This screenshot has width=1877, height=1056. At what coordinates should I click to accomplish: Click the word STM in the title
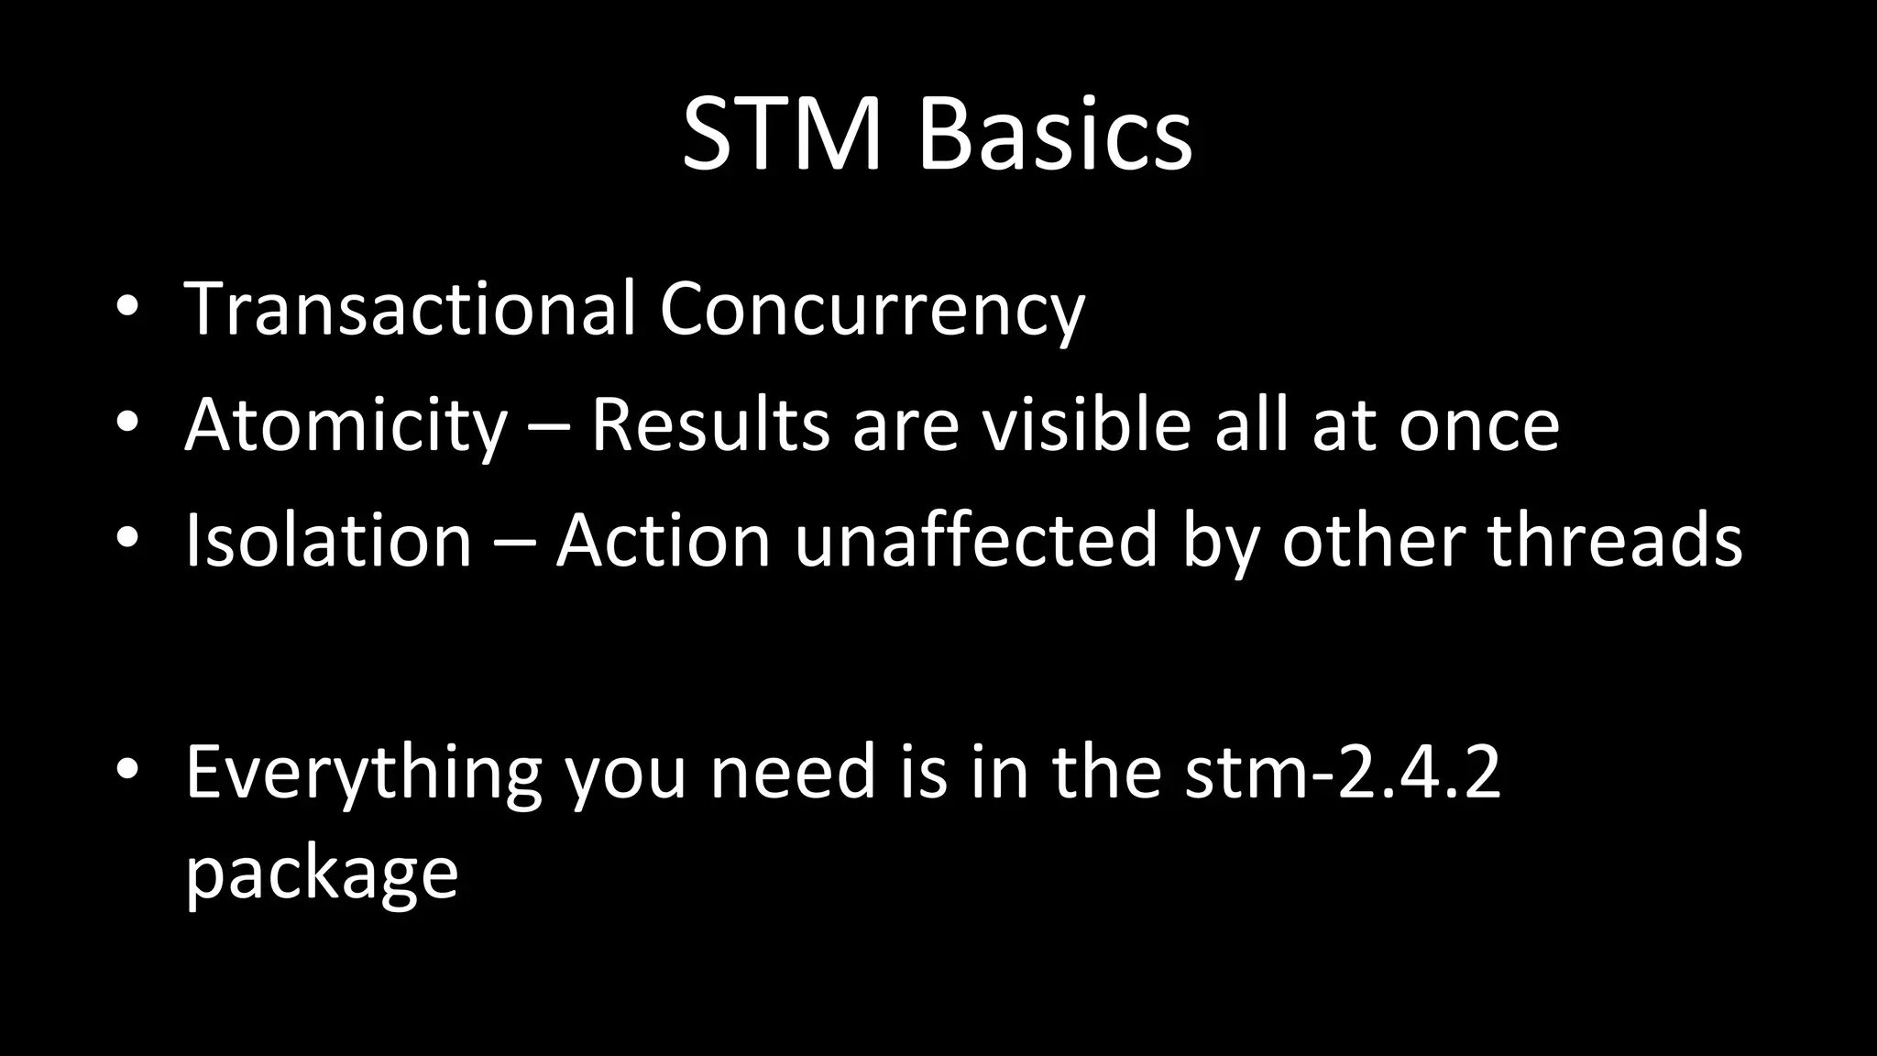pyautogui.click(x=782, y=136)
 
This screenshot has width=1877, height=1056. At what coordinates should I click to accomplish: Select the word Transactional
pyautogui.click(x=410, y=309)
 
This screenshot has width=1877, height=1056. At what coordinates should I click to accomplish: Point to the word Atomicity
pyautogui.click(x=346, y=426)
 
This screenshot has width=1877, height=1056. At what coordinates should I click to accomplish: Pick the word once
pyautogui.click(x=1478, y=427)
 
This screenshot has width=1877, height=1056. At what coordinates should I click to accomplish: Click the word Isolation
pyautogui.click(x=328, y=541)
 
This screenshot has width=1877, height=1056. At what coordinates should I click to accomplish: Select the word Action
pyautogui.click(x=663, y=541)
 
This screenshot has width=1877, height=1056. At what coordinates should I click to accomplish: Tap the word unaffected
pyautogui.click(x=976, y=541)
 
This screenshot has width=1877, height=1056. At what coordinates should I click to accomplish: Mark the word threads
pyautogui.click(x=1614, y=541)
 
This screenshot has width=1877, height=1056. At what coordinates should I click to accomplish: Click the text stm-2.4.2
pyautogui.click(x=1343, y=773)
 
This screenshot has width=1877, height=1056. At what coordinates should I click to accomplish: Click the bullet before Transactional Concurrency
pyautogui.click(x=127, y=309)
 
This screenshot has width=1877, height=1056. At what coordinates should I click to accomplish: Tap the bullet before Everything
pyautogui.click(x=127, y=771)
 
